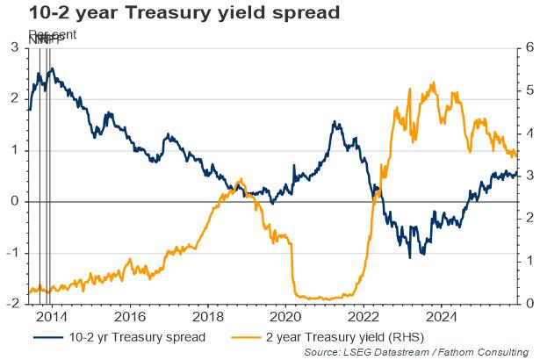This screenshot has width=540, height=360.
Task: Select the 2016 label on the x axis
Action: click(128, 315)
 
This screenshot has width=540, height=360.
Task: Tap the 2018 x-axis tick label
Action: click(207, 315)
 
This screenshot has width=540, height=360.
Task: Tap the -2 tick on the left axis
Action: click(12, 304)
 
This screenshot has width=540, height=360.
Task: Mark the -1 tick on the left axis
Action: click(12, 253)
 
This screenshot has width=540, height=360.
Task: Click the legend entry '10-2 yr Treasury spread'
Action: click(135, 336)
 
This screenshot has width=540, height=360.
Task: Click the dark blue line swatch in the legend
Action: click(48, 336)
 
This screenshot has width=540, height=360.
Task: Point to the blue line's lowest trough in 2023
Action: click(410, 256)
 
